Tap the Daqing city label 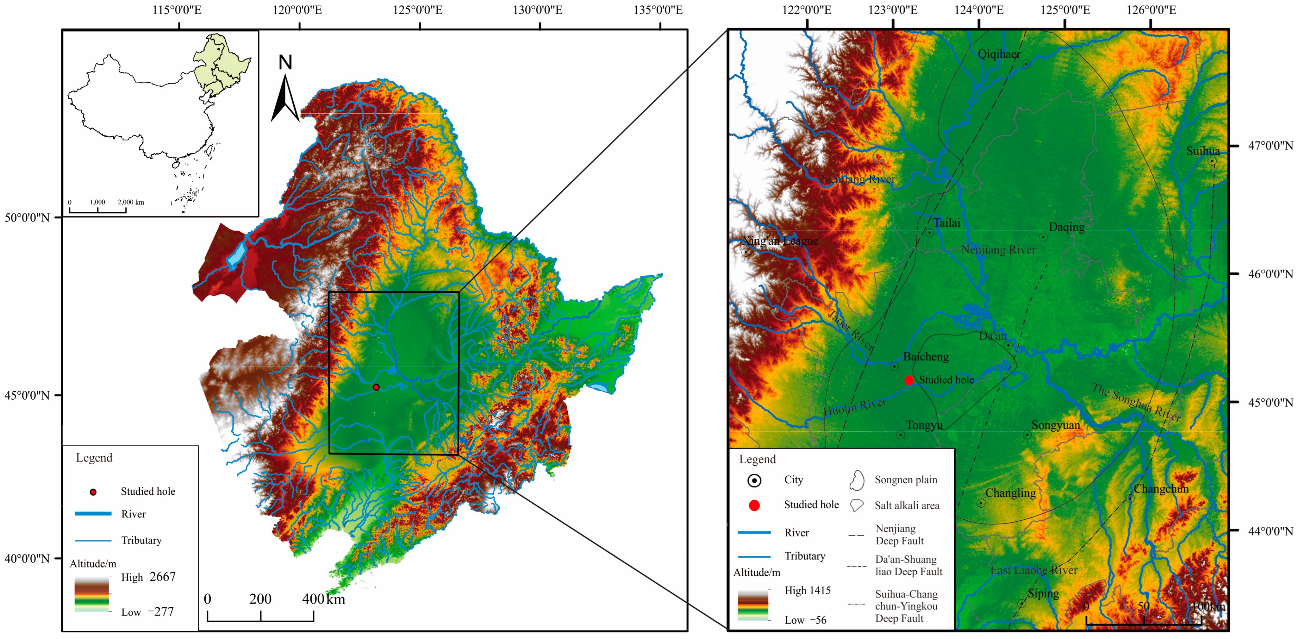tap(1066, 227)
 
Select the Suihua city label tap(1203, 151)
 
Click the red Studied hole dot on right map tap(909, 380)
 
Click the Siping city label tap(1043, 594)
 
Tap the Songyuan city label tap(1056, 425)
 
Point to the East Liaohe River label tap(1033, 570)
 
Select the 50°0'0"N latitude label tap(27, 218)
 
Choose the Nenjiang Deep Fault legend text tap(900, 535)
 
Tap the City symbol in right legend tap(754, 481)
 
